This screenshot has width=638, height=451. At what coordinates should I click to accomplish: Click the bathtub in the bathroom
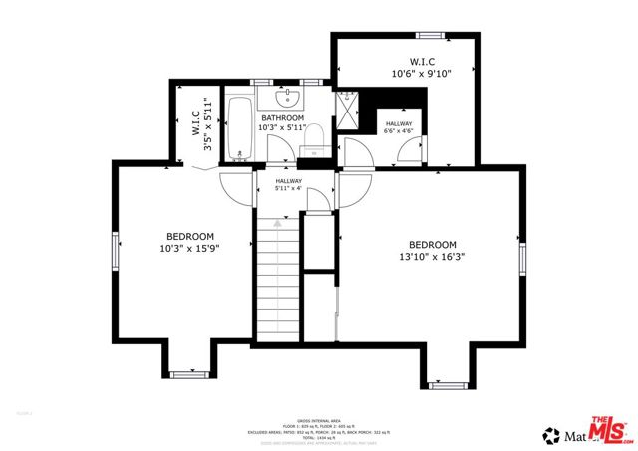click(239, 128)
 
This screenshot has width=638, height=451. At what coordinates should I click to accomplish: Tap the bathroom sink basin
click(289, 98)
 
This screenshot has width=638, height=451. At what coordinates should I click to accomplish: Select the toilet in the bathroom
click(312, 137)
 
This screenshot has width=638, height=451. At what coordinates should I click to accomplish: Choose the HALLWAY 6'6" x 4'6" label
click(399, 126)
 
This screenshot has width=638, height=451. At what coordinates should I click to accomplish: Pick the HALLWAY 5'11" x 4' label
click(289, 185)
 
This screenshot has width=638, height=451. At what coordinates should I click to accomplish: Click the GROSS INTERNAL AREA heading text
click(319, 419)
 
